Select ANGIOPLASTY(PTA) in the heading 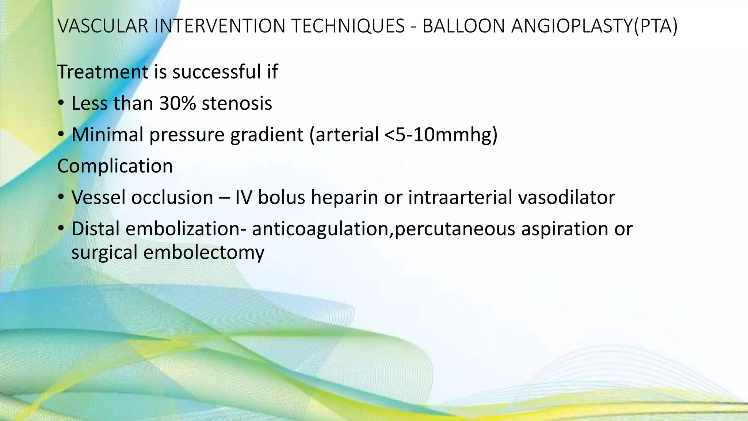[x=594, y=26]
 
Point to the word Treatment [x=103, y=72]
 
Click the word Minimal [x=107, y=134]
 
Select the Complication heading [x=115, y=166]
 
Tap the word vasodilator [x=566, y=197]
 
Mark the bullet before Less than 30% [x=61, y=104]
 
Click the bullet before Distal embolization [x=61, y=230]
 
